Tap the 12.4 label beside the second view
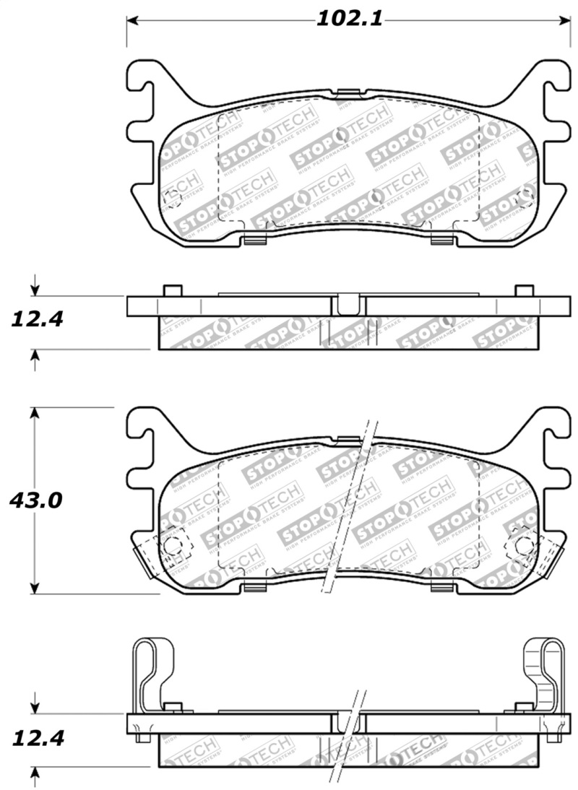35,318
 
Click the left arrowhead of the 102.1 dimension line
132,19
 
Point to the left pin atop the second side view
172,290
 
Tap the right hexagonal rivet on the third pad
522,546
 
